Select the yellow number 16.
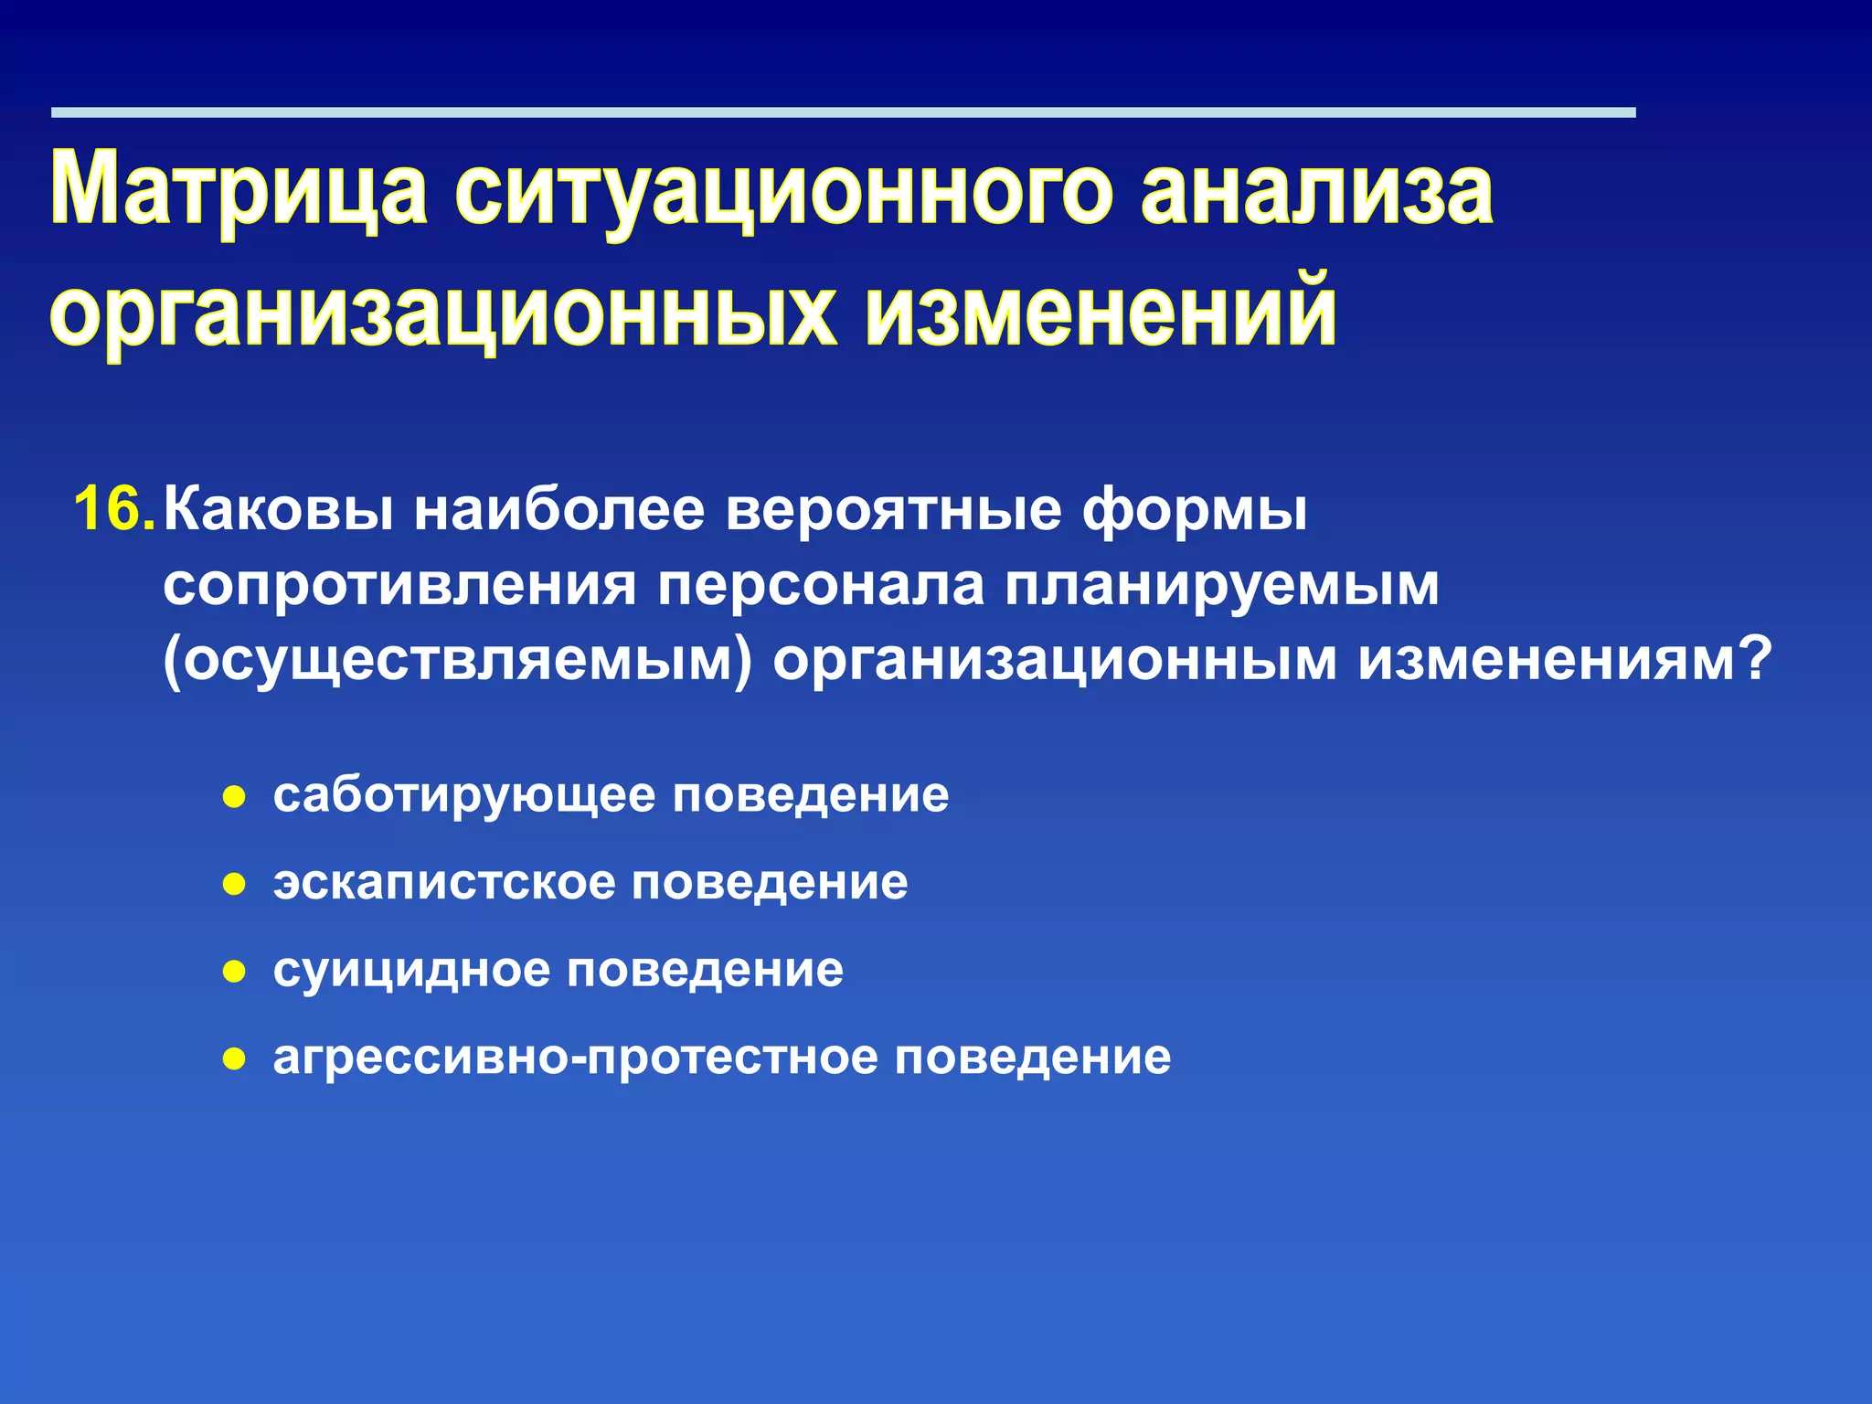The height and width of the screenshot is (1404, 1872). click(x=113, y=509)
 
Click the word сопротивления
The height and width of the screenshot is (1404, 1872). click(x=399, y=585)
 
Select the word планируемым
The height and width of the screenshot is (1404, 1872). click(x=1222, y=585)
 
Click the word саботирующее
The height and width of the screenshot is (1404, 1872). click(x=463, y=795)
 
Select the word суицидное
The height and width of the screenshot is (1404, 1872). click(x=410, y=970)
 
